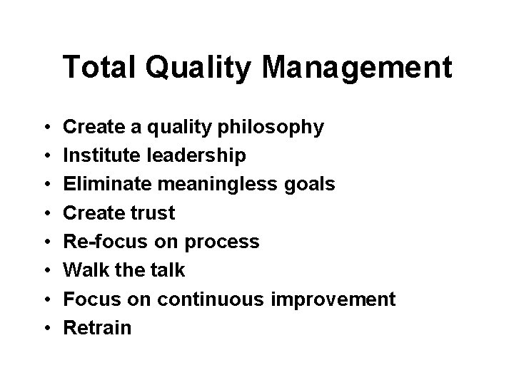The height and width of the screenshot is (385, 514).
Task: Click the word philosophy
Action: click(x=263, y=128)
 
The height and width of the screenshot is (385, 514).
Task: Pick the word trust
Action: click(x=151, y=213)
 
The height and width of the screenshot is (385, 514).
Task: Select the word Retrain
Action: click(x=97, y=328)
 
